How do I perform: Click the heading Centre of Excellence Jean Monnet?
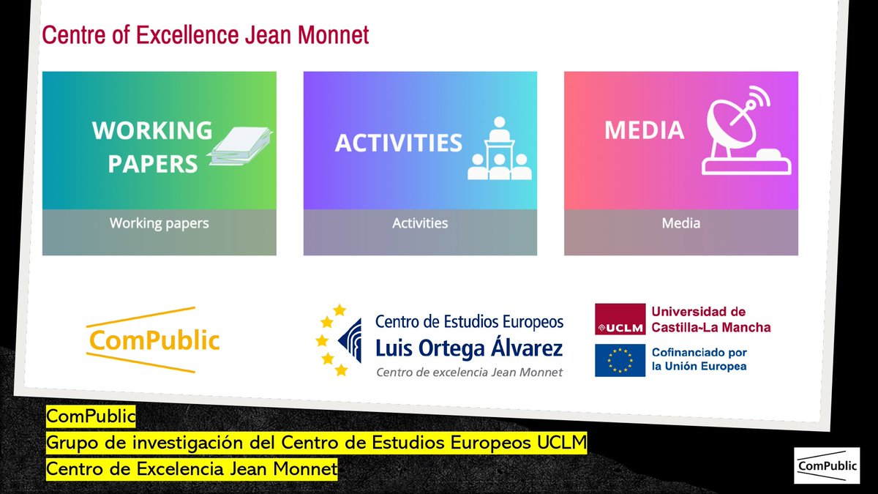[x=206, y=35]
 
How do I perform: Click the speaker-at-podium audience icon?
[x=500, y=149]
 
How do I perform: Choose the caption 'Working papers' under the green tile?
[x=159, y=223]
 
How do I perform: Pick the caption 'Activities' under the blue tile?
[x=420, y=223]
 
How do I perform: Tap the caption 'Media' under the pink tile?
[x=680, y=223]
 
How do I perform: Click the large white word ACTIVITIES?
[x=398, y=143]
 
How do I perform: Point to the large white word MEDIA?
[x=644, y=130]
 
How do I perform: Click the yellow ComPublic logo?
[x=153, y=340]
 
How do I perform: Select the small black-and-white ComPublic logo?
[x=828, y=465]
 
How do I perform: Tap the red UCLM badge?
[x=620, y=320]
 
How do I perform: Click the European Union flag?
[x=620, y=360]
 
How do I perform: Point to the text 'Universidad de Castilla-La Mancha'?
[x=710, y=320]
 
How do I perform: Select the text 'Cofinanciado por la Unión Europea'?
[x=699, y=359]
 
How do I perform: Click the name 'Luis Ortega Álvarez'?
[x=469, y=348]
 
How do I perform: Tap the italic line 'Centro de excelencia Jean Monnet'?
[x=469, y=373]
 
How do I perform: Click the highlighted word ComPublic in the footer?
[x=91, y=416]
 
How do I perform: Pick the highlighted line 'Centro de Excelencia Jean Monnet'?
[x=192, y=469]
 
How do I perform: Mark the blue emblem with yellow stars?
[x=340, y=340]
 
